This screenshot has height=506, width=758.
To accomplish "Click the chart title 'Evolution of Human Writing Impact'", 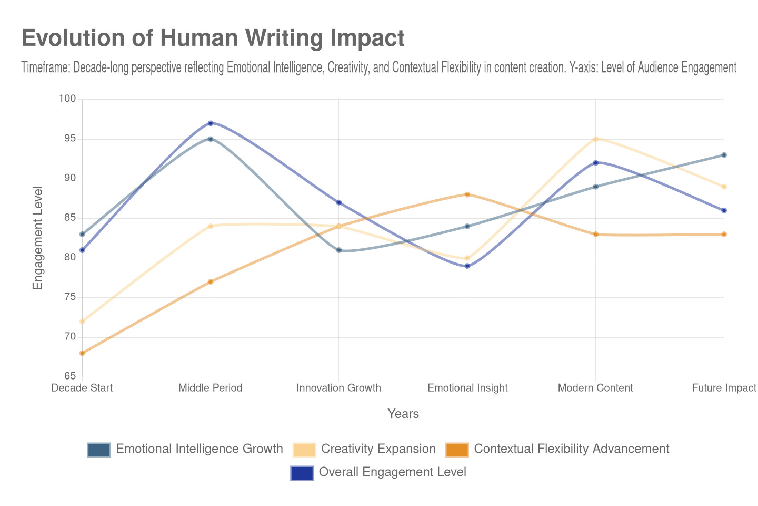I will [x=213, y=38].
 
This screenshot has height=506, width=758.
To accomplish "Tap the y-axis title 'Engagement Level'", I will [x=37, y=238].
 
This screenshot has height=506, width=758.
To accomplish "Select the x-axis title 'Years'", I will [x=403, y=414].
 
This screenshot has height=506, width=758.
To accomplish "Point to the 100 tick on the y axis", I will [x=67, y=99].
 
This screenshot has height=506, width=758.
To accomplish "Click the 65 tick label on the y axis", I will [x=70, y=376].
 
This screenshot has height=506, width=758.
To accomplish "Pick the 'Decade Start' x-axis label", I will [x=82, y=388].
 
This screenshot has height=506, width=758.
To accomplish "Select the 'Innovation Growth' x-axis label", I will [x=338, y=388].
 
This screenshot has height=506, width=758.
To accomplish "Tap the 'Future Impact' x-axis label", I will [x=724, y=388].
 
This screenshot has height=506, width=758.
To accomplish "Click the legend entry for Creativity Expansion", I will [x=378, y=449].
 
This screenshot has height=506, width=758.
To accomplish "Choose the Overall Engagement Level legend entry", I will [x=392, y=472].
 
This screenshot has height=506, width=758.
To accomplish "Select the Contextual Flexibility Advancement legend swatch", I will [x=457, y=450].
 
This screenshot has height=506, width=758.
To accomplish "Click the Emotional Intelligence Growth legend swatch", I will [x=99, y=450].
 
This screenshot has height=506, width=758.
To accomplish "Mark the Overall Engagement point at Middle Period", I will [x=211, y=123].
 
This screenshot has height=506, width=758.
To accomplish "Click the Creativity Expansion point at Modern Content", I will [x=596, y=139].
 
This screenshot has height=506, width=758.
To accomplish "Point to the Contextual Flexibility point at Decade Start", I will [x=82, y=353].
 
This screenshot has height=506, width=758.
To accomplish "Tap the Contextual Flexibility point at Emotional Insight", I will [x=467, y=194].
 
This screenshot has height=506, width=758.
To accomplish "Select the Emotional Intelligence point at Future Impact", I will [x=724, y=155].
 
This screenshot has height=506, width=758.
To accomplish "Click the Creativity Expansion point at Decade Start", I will [x=82, y=322].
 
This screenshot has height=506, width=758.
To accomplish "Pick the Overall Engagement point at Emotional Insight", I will [x=467, y=266].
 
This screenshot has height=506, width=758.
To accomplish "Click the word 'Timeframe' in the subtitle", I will [x=45, y=67].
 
